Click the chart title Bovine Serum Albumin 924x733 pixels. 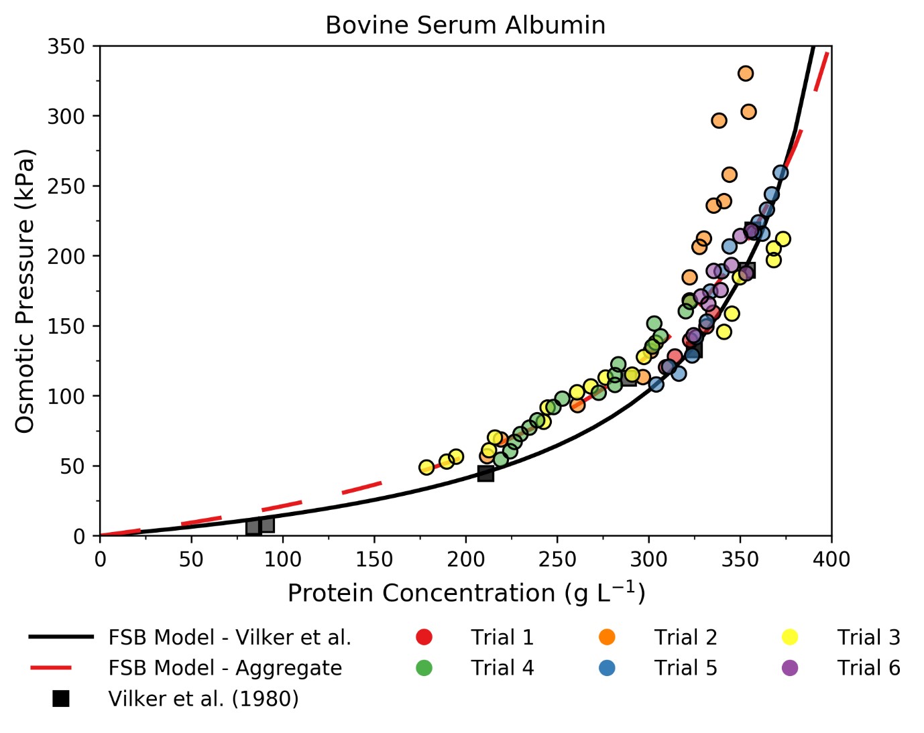pyautogui.click(x=465, y=25)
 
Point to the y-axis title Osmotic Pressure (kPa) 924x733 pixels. pyautogui.click(x=25, y=291)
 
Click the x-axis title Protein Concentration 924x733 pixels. pyautogui.click(x=466, y=593)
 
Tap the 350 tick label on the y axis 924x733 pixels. pyautogui.click(x=66, y=46)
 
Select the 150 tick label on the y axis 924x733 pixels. pyautogui.click(x=66, y=326)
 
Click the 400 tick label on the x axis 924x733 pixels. pyautogui.click(x=831, y=559)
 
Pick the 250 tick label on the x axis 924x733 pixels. pyautogui.click(x=557, y=559)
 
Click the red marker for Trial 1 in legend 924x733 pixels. pyautogui.click(x=424, y=637)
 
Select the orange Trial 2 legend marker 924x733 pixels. pyautogui.click(x=607, y=637)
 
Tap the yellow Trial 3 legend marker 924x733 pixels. pyautogui.click(x=790, y=637)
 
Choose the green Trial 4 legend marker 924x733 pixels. pyautogui.click(x=424, y=668)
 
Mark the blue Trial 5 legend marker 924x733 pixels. pyautogui.click(x=607, y=668)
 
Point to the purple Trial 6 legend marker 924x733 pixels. pyautogui.click(x=790, y=668)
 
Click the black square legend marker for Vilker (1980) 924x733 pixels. pyautogui.click(x=61, y=699)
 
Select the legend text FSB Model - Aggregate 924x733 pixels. pyautogui.click(x=225, y=668)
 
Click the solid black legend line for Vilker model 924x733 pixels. pyautogui.click(x=61, y=637)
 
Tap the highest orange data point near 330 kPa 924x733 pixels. pyautogui.click(x=746, y=74)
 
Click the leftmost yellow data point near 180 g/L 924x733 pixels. pyautogui.click(x=426, y=468)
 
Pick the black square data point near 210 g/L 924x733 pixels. pyautogui.click(x=485, y=474)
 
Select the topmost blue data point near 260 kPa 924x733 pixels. pyautogui.click(x=781, y=173)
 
